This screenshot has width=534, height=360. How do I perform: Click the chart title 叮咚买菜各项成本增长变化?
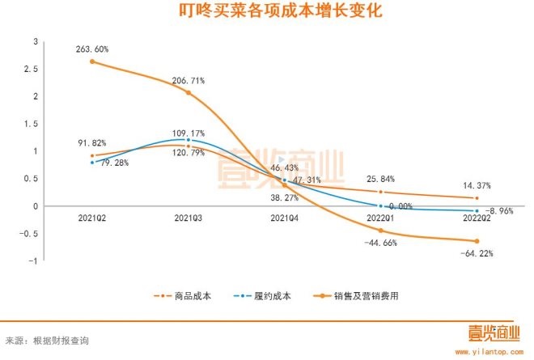coord(267,12)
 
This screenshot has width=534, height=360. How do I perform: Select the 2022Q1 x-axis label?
coord(381,218)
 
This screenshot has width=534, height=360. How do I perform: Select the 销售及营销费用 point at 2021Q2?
coord(92,61)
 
